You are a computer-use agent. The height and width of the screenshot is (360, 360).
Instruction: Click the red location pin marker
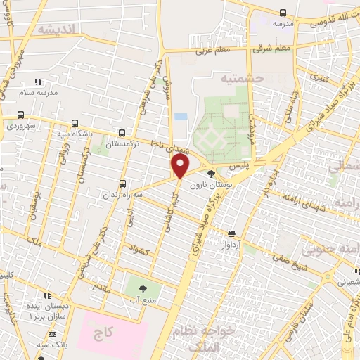(181, 166)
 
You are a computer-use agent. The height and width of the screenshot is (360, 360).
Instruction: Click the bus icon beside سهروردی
(20, 115)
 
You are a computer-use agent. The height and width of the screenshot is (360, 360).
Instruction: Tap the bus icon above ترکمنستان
(122, 132)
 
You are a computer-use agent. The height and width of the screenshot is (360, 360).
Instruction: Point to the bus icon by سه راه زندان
(122, 184)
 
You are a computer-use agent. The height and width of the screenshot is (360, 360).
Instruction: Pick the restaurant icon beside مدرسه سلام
(37, 82)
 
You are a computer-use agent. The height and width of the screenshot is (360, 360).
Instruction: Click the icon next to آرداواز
(231, 234)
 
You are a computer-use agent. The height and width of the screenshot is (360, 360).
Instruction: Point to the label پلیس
(239, 163)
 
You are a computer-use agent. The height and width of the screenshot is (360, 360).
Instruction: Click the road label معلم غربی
(212, 51)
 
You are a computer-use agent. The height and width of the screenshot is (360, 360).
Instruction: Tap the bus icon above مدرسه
(283, 13)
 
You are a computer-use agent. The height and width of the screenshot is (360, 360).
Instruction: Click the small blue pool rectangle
(181, 117)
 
